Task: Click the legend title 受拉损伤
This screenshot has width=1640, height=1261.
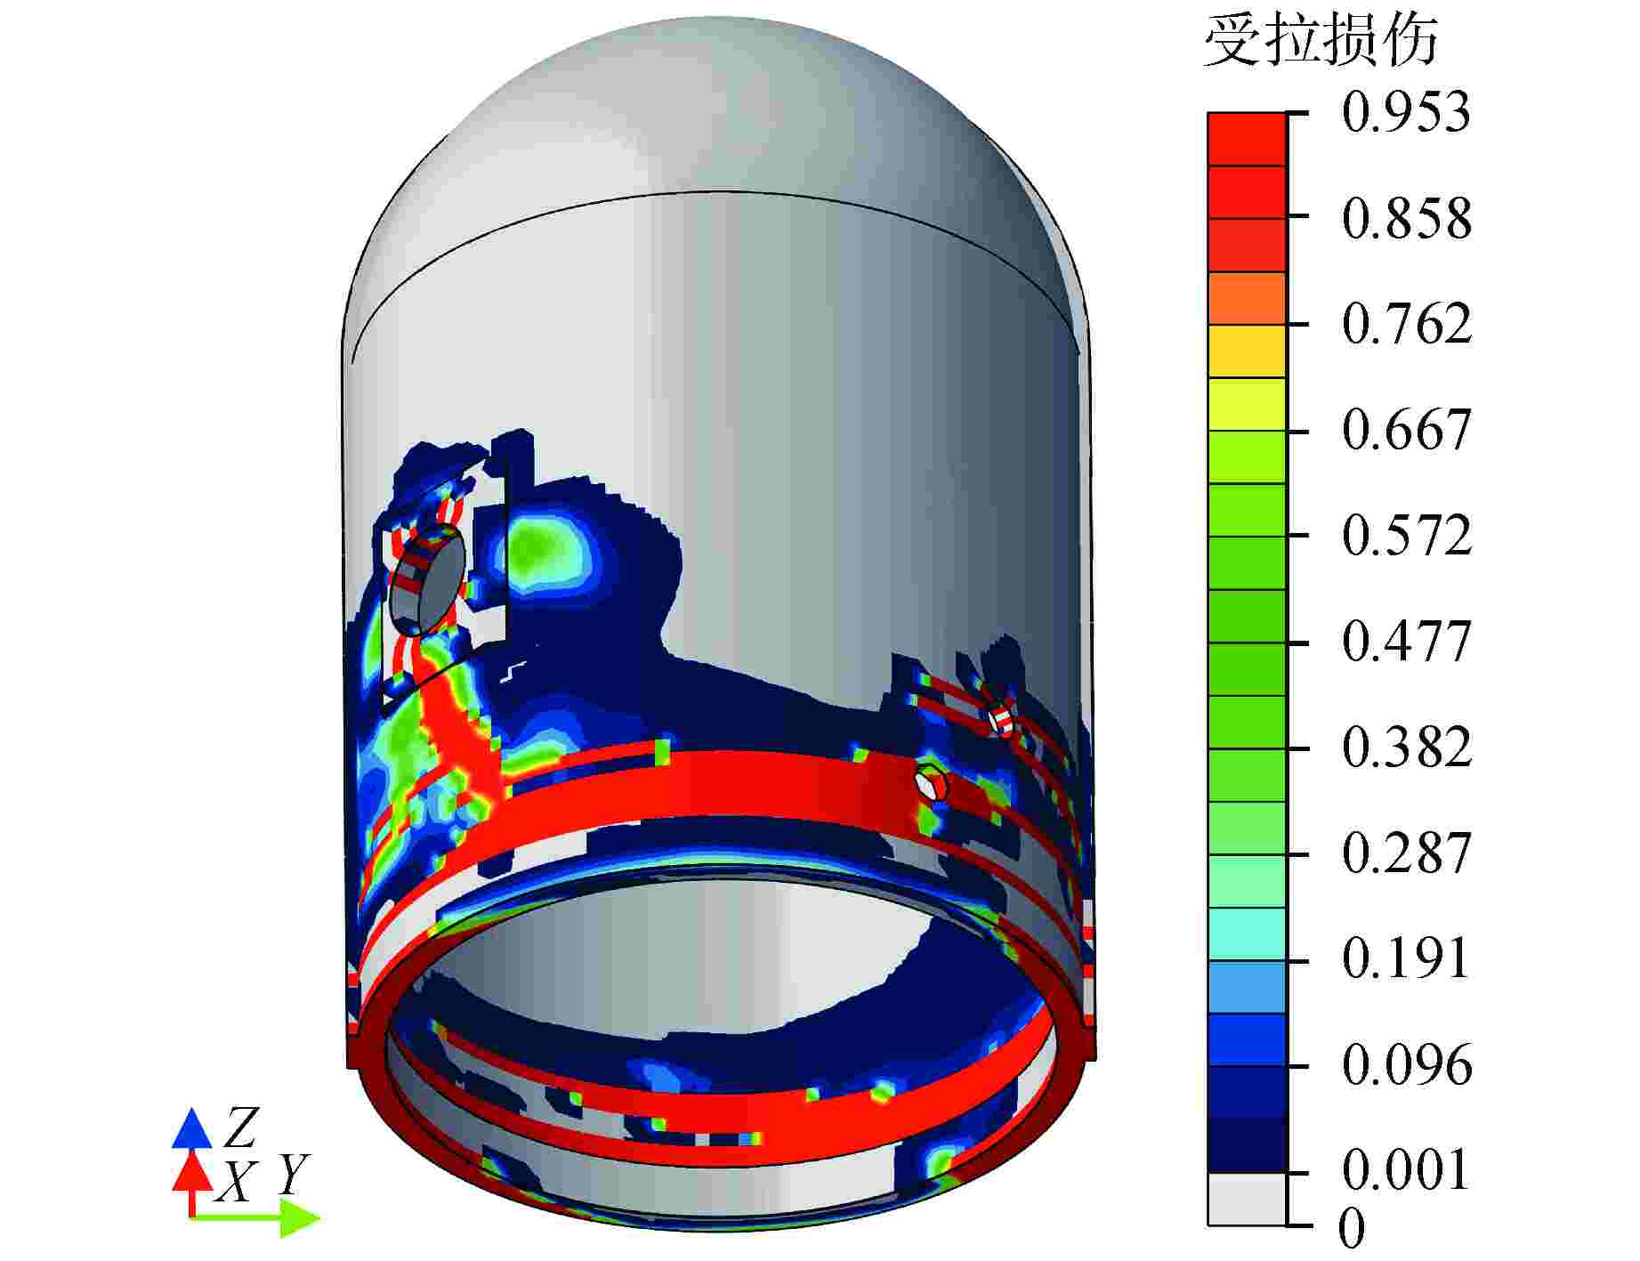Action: [x=1320, y=40]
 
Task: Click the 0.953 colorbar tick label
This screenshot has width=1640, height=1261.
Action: [x=1406, y=114]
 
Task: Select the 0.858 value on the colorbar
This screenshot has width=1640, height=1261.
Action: [x=1406, y=218]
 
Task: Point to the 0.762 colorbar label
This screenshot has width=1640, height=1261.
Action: [x=1406, y=324]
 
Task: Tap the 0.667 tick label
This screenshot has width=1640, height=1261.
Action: [x=1406, y=431]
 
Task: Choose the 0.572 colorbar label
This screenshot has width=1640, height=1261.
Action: [x=1406, y=536]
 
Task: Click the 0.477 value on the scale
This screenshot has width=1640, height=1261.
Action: [x=1406, y=642]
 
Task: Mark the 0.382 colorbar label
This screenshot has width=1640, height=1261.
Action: [x=1406, y=748]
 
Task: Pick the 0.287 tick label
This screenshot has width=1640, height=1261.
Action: [x=1406, y=853]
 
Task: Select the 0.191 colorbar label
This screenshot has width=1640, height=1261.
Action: [x=1406, y=959]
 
